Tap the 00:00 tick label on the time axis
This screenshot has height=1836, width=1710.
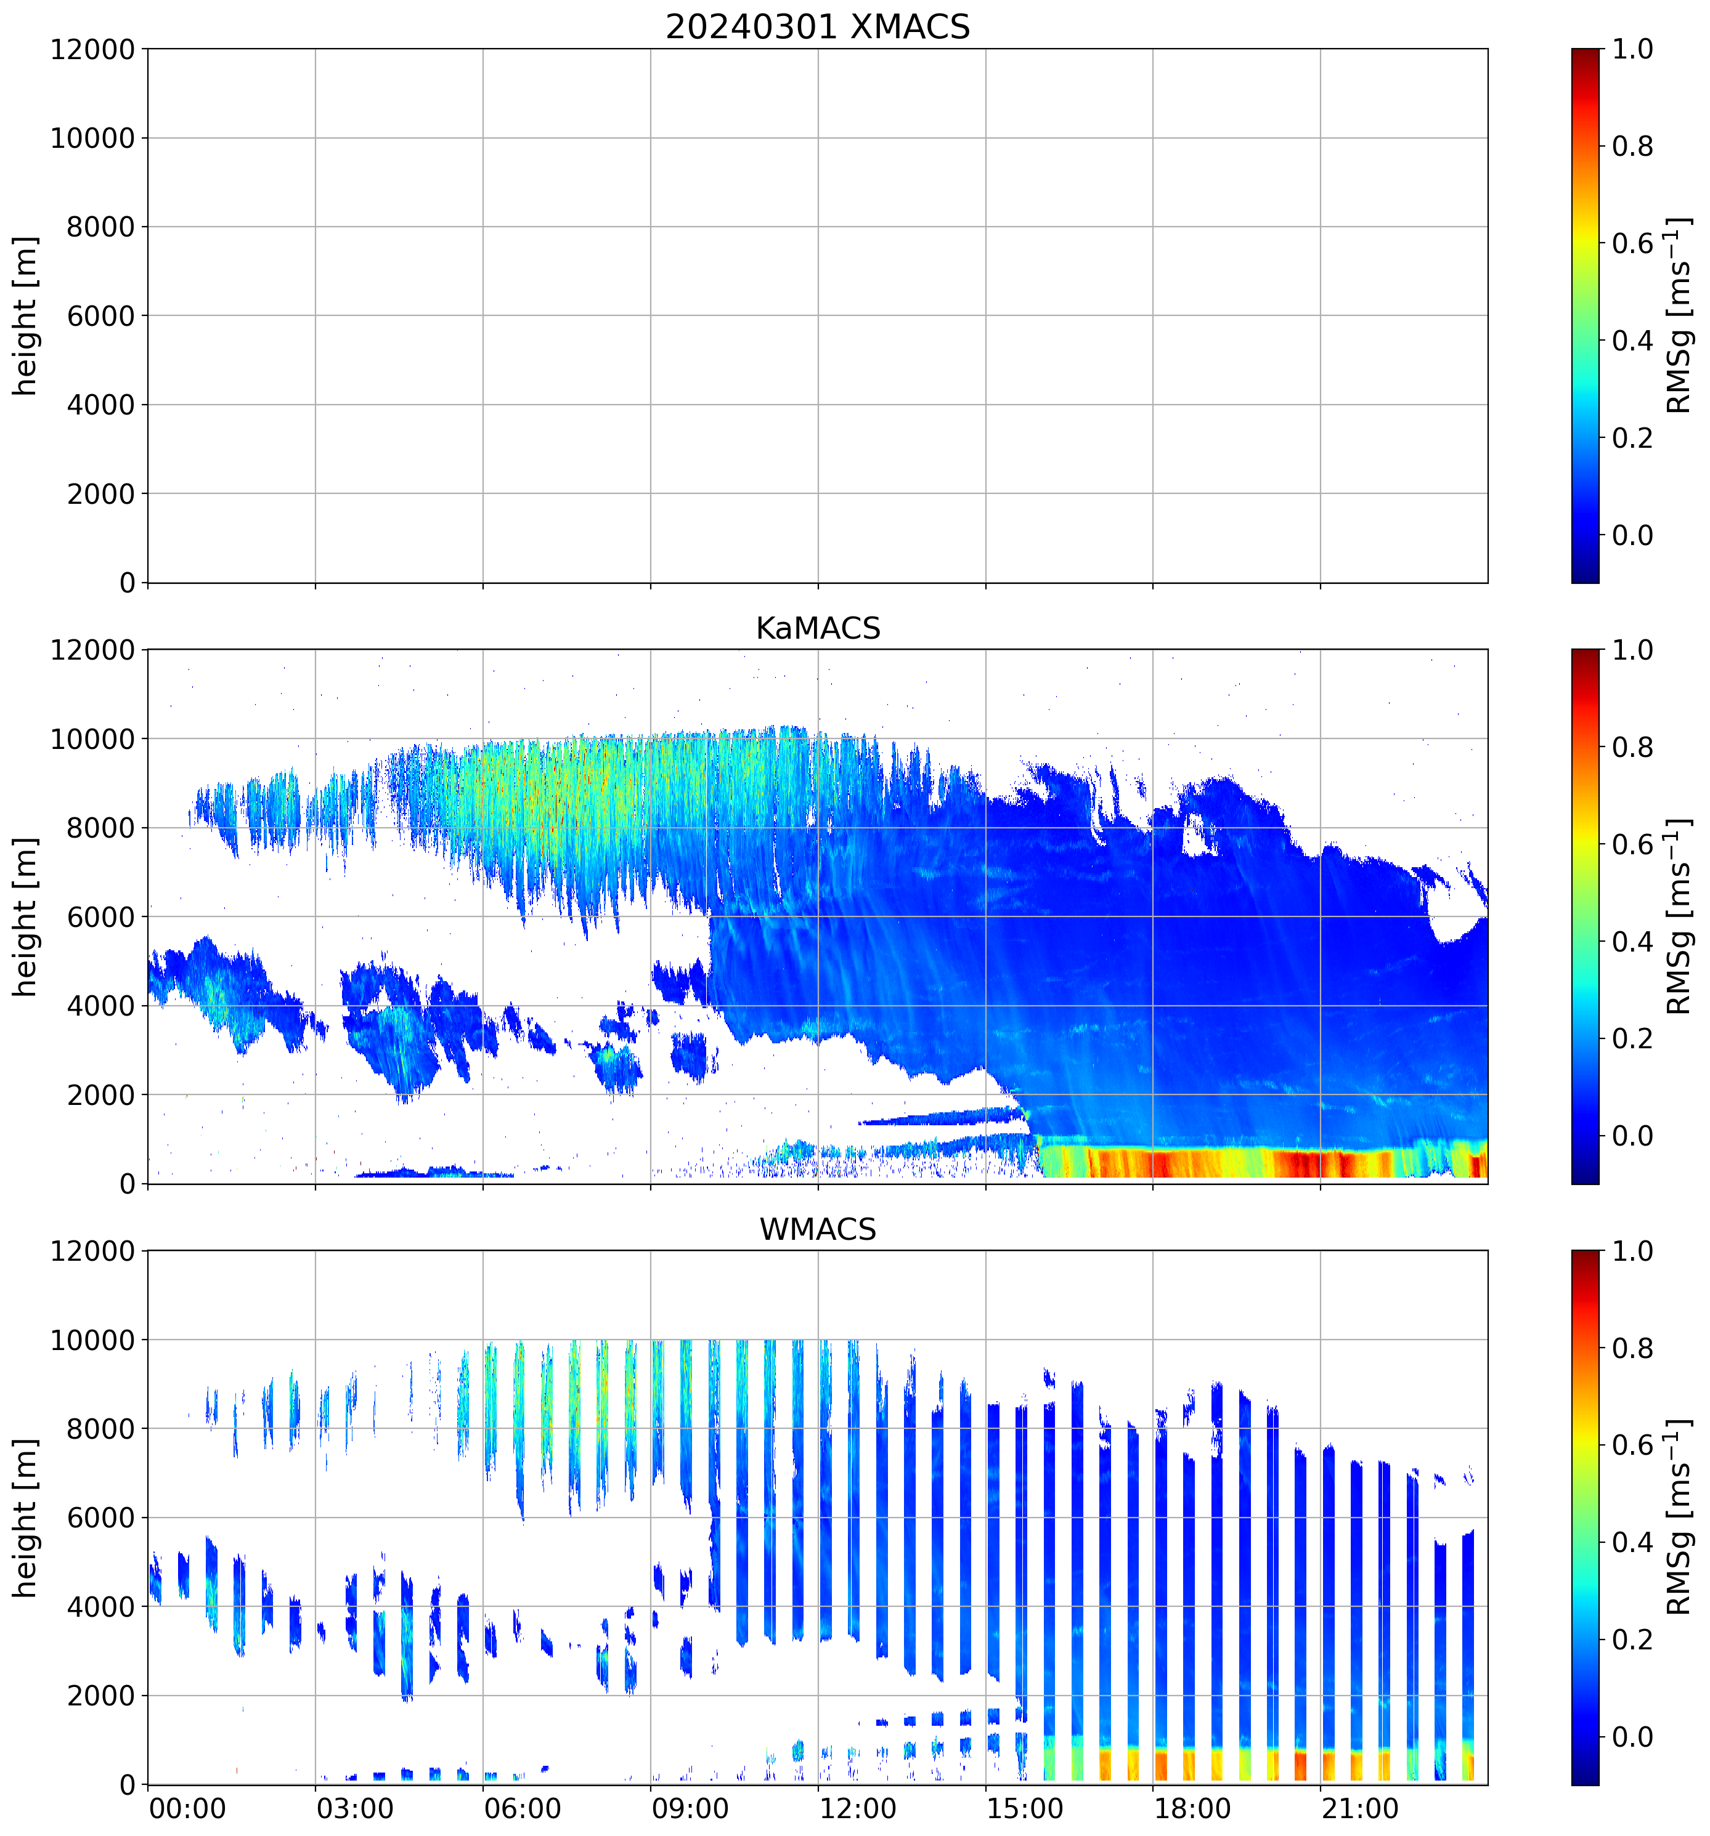187,1808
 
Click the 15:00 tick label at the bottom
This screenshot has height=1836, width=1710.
1025,1808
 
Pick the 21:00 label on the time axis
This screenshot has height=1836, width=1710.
1359,1808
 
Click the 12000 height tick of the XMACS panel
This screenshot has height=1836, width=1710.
92,50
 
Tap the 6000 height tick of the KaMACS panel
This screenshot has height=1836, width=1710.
100,917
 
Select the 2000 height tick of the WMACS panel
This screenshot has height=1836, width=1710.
100,1696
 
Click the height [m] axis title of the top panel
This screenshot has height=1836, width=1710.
26,316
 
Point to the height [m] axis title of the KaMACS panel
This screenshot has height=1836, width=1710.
26,917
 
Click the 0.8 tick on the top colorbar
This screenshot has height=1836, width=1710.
1632,146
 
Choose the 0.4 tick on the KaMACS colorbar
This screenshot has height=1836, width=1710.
1632,942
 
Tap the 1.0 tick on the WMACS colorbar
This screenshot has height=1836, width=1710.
1632,1252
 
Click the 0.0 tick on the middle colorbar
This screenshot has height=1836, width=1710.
1632,1136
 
